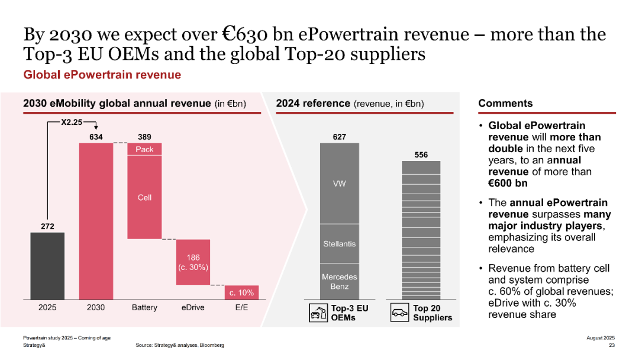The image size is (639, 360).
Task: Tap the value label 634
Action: point(96,137)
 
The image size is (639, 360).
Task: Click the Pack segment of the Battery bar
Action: point(144,149)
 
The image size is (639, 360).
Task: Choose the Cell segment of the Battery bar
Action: point(144,197)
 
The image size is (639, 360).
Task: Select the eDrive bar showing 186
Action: point(193,262)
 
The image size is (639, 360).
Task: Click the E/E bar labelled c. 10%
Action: point(241,292)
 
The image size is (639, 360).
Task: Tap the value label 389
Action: point(144,137)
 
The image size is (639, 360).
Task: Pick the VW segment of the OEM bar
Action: point(339,184)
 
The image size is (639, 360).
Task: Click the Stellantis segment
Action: point(339,243)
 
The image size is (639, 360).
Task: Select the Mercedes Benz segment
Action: point(339,281)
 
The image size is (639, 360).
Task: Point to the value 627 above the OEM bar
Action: point(339,137)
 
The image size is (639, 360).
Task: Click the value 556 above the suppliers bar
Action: point(421,155)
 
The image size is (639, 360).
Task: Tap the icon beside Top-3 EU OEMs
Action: point(319,313)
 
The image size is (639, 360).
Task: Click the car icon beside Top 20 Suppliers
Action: point(400,313)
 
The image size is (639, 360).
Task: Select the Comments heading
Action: point(505,103)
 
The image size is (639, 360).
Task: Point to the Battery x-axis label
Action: point(144,307)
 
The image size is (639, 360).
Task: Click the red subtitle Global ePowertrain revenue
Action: point(102,75)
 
